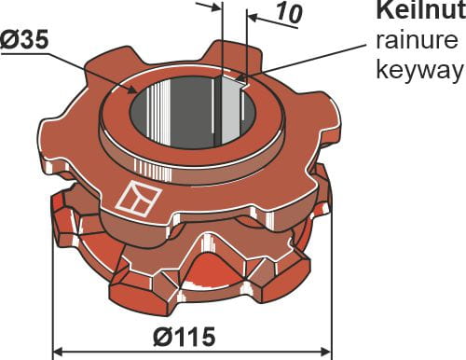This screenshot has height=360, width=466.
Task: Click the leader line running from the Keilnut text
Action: (308, 60)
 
